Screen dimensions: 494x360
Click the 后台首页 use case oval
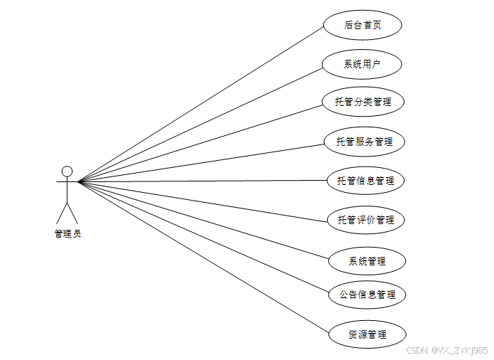coord(363,25)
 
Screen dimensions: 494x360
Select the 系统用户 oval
coord(363,64)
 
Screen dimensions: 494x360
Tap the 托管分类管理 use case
coord(363,102)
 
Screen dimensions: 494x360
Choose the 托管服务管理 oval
coord(365,142)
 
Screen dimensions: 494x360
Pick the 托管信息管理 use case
coord(365,181)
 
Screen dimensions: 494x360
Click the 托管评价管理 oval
coord(366,220)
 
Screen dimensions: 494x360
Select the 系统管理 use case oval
coord(367,261)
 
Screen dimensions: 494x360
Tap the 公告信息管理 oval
coord(367,294)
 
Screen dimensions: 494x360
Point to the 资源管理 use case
coord(367,334)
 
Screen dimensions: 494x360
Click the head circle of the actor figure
coord(67,171)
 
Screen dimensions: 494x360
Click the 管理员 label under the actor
coord(68,233)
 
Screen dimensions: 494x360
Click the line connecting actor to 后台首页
coord(200,105)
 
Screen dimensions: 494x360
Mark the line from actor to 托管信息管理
coord(203,181)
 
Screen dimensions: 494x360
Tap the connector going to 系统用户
coord(200,125)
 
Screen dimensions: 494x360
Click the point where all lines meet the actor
coord(78,181)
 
